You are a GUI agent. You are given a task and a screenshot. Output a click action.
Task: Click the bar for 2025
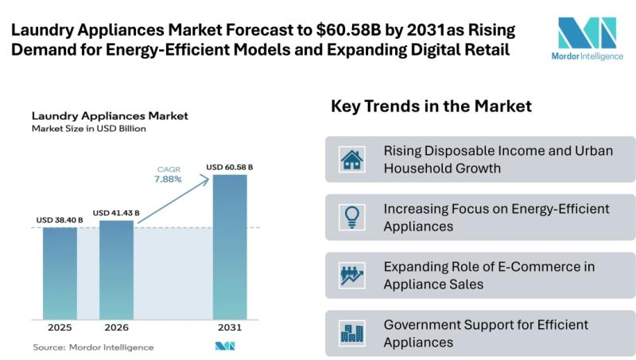click(x=60, y=273)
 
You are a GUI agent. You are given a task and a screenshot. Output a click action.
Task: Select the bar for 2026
click(x=116, y=269)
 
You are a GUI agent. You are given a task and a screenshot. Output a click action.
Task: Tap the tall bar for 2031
click(x=230, y=246)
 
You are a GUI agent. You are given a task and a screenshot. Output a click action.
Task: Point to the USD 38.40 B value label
click(x=59, y=220)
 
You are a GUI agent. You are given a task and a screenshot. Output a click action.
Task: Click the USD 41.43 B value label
click(x=116, y=213)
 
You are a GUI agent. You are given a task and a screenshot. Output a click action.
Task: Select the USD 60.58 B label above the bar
click(x=230, y=167)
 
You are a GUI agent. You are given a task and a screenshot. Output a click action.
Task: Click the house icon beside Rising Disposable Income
click(x=351, y=159)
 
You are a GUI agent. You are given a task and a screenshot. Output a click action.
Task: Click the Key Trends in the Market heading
click(x=431, y=106)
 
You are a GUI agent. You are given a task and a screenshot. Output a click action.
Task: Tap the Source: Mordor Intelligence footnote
click(x=93, y=347)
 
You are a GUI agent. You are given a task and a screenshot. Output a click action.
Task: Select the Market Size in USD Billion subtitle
click(x=88, y=129)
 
